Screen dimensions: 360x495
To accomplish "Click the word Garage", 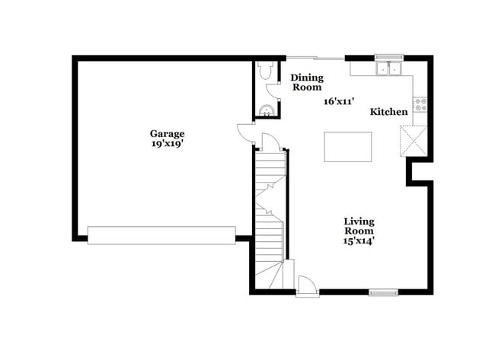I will point(167,133).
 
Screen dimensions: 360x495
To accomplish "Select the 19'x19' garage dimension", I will point(167,142).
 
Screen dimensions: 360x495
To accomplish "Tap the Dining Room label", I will point(308,82).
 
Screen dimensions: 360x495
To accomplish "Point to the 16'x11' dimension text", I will point(340,101).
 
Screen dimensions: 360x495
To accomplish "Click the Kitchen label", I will point(388,112).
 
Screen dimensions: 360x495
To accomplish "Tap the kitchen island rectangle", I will point(348,146).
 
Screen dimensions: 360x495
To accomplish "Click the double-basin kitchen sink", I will point(389,69).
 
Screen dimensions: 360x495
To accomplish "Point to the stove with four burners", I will point(420,104).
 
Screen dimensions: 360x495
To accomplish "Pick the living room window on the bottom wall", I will point(383,292).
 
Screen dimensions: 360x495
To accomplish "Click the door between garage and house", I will point(246,132).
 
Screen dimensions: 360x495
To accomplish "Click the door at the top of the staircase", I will point(270,142).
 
